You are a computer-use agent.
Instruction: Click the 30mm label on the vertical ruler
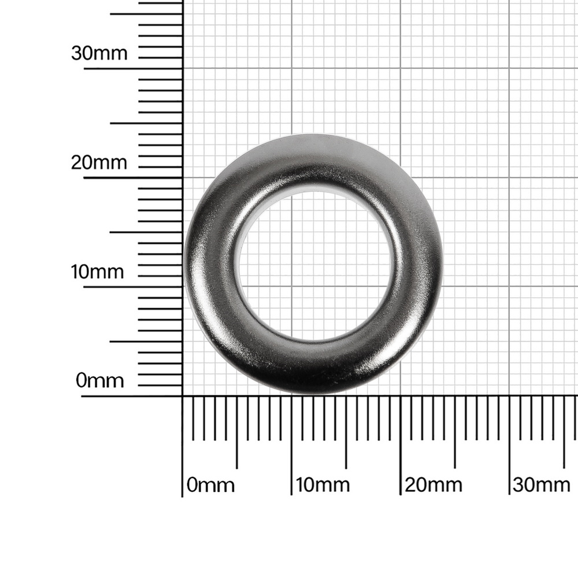pyautogui.click(x=99, y=53)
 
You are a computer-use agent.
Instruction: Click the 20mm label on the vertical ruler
pyautogui.click(x=99, y=162)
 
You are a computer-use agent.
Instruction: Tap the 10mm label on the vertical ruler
pyautogui.click(x=97, y=272)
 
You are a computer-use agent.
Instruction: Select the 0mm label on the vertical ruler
pyautogui.click(x=99, y=380)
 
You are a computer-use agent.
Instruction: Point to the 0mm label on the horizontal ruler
pyautogui.click(x=210, y=485)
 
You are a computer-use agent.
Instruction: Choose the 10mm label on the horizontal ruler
pyautogui.click(x=323, y=485)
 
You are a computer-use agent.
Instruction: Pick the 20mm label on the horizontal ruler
pyautogui.click(x=433, y=485)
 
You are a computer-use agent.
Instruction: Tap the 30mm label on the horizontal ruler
pyautogui.click(x=542, y=485)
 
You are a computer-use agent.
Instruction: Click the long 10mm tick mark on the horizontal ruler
pyautogui.click(x=291, y=446)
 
